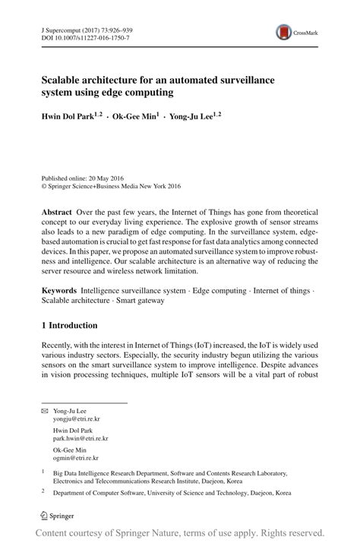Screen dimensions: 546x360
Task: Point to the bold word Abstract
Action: coord(58,212)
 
